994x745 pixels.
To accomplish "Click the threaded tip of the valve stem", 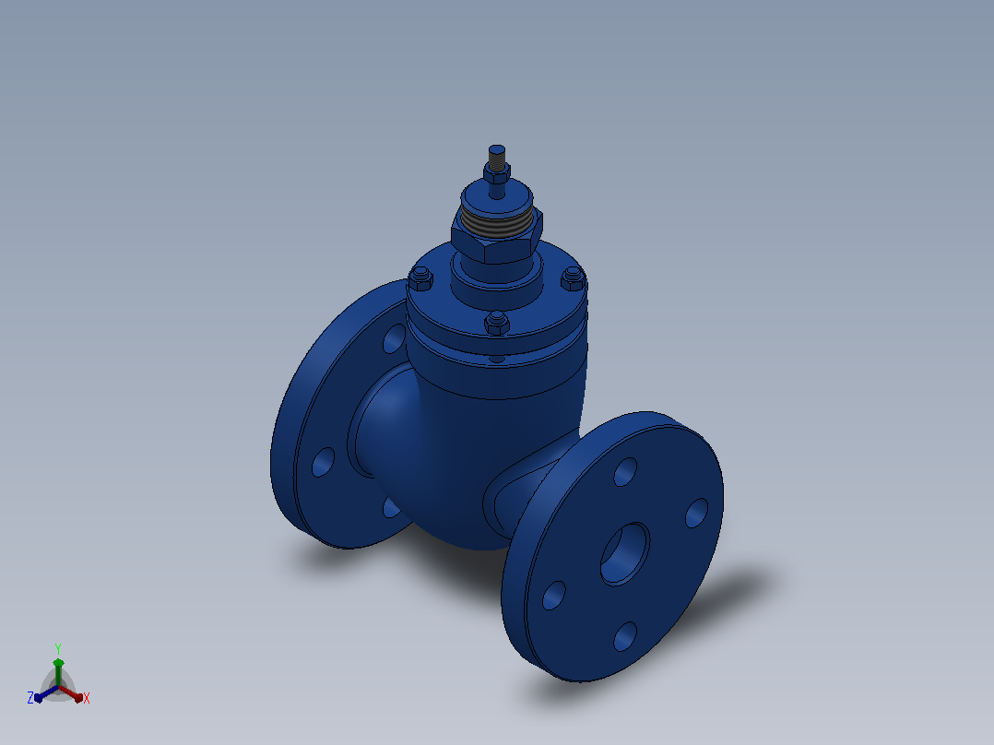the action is (497, 153).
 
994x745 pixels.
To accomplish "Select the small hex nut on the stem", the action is (497, 173).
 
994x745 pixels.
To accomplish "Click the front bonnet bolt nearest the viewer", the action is (497, 323).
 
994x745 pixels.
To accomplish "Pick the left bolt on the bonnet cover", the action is (420, 278).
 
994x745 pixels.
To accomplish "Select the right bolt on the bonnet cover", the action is (574, 278).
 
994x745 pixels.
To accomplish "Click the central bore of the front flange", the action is (625, 553).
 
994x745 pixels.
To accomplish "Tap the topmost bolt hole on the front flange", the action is (625, 472).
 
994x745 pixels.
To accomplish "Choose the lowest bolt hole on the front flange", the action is (625, 636).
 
